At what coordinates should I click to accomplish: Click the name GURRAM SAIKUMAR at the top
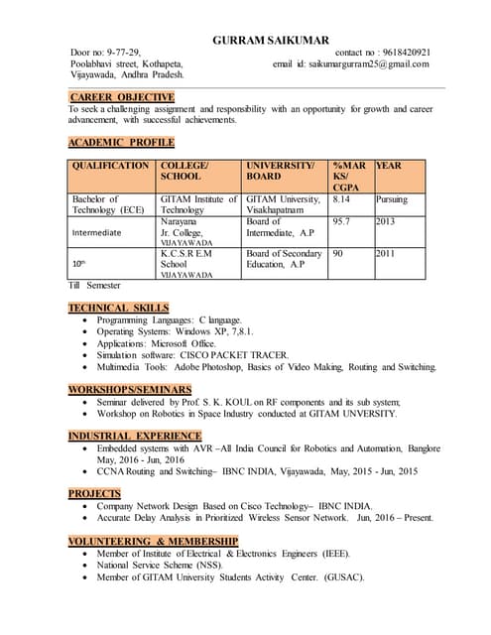click(271, 40)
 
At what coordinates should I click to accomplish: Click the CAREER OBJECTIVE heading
click(121, 96)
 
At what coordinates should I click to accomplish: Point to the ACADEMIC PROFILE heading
click(121, 143)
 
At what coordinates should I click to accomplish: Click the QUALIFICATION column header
click(110, 165)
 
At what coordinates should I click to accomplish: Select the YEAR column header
click(391, 165)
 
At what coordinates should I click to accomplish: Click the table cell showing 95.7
click(343, 222)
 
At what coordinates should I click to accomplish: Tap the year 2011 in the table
click(385, 254)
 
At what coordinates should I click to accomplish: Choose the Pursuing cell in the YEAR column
click(392, 199)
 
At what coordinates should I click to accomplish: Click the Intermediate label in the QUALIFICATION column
click(97, 233)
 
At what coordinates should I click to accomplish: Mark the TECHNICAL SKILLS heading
click(118, 309)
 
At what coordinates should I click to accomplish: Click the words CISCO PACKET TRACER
click(239, 354)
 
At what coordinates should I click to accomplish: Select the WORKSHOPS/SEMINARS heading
click(129, 389)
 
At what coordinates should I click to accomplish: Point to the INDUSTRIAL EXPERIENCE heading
click(134, 436)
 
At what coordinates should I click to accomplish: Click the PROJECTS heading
click(95, 493)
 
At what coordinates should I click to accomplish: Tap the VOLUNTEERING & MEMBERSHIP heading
click(154, 541)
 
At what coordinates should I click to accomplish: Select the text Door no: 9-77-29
click(105, 52)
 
